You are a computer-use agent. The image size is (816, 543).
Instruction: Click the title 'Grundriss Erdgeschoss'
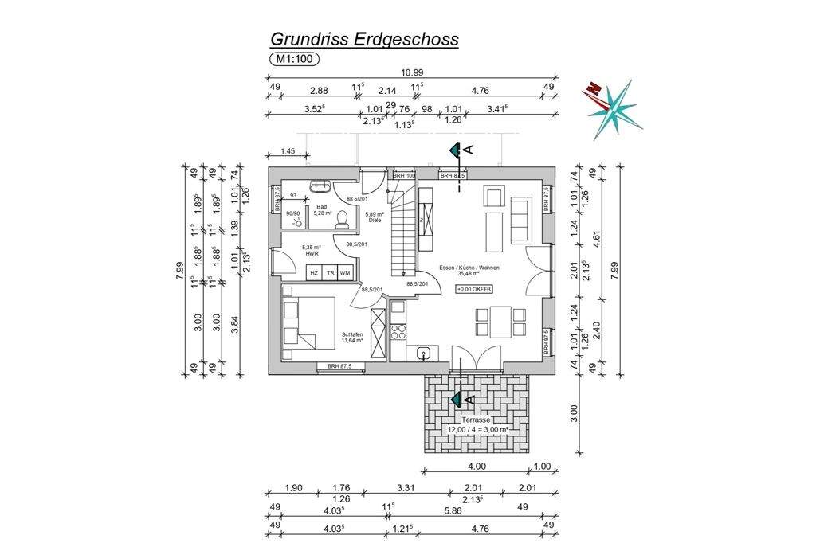point(364,38)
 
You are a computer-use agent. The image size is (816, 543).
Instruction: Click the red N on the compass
point(592,89)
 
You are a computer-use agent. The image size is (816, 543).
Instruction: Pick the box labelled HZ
point(315,273)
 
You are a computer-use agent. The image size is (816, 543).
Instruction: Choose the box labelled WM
point(345,273)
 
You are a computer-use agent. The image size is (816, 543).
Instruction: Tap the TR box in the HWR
point(330,273)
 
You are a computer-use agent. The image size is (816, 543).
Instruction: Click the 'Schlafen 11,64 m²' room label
point(352,337)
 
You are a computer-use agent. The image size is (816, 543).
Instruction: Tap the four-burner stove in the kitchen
point(398,329)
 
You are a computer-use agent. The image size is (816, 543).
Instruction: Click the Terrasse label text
point(477,420)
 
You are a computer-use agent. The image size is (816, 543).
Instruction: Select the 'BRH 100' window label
point(405,175)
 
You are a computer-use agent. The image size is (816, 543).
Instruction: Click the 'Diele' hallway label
point(374,220)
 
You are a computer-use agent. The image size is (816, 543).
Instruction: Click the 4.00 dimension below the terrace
point(477,467)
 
